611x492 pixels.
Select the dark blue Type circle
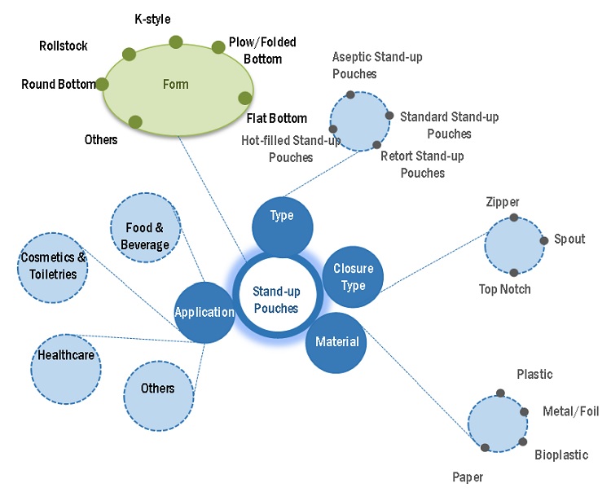point(282,217)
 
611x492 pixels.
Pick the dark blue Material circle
point(336,341)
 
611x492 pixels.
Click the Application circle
point(204,312)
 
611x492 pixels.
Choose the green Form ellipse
point(177,85)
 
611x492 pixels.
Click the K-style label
point(152,19)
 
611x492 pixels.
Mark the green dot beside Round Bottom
point(103,84)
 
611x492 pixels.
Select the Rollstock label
point(64,46)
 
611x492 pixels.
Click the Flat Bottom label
point(276,119)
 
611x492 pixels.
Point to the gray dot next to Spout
point(544,240)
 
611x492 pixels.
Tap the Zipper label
point(502,202)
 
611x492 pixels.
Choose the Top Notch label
point(505,289)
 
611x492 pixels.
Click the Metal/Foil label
point(570,411)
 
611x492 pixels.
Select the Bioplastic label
point(561,455)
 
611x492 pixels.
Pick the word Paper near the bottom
point(469,477)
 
